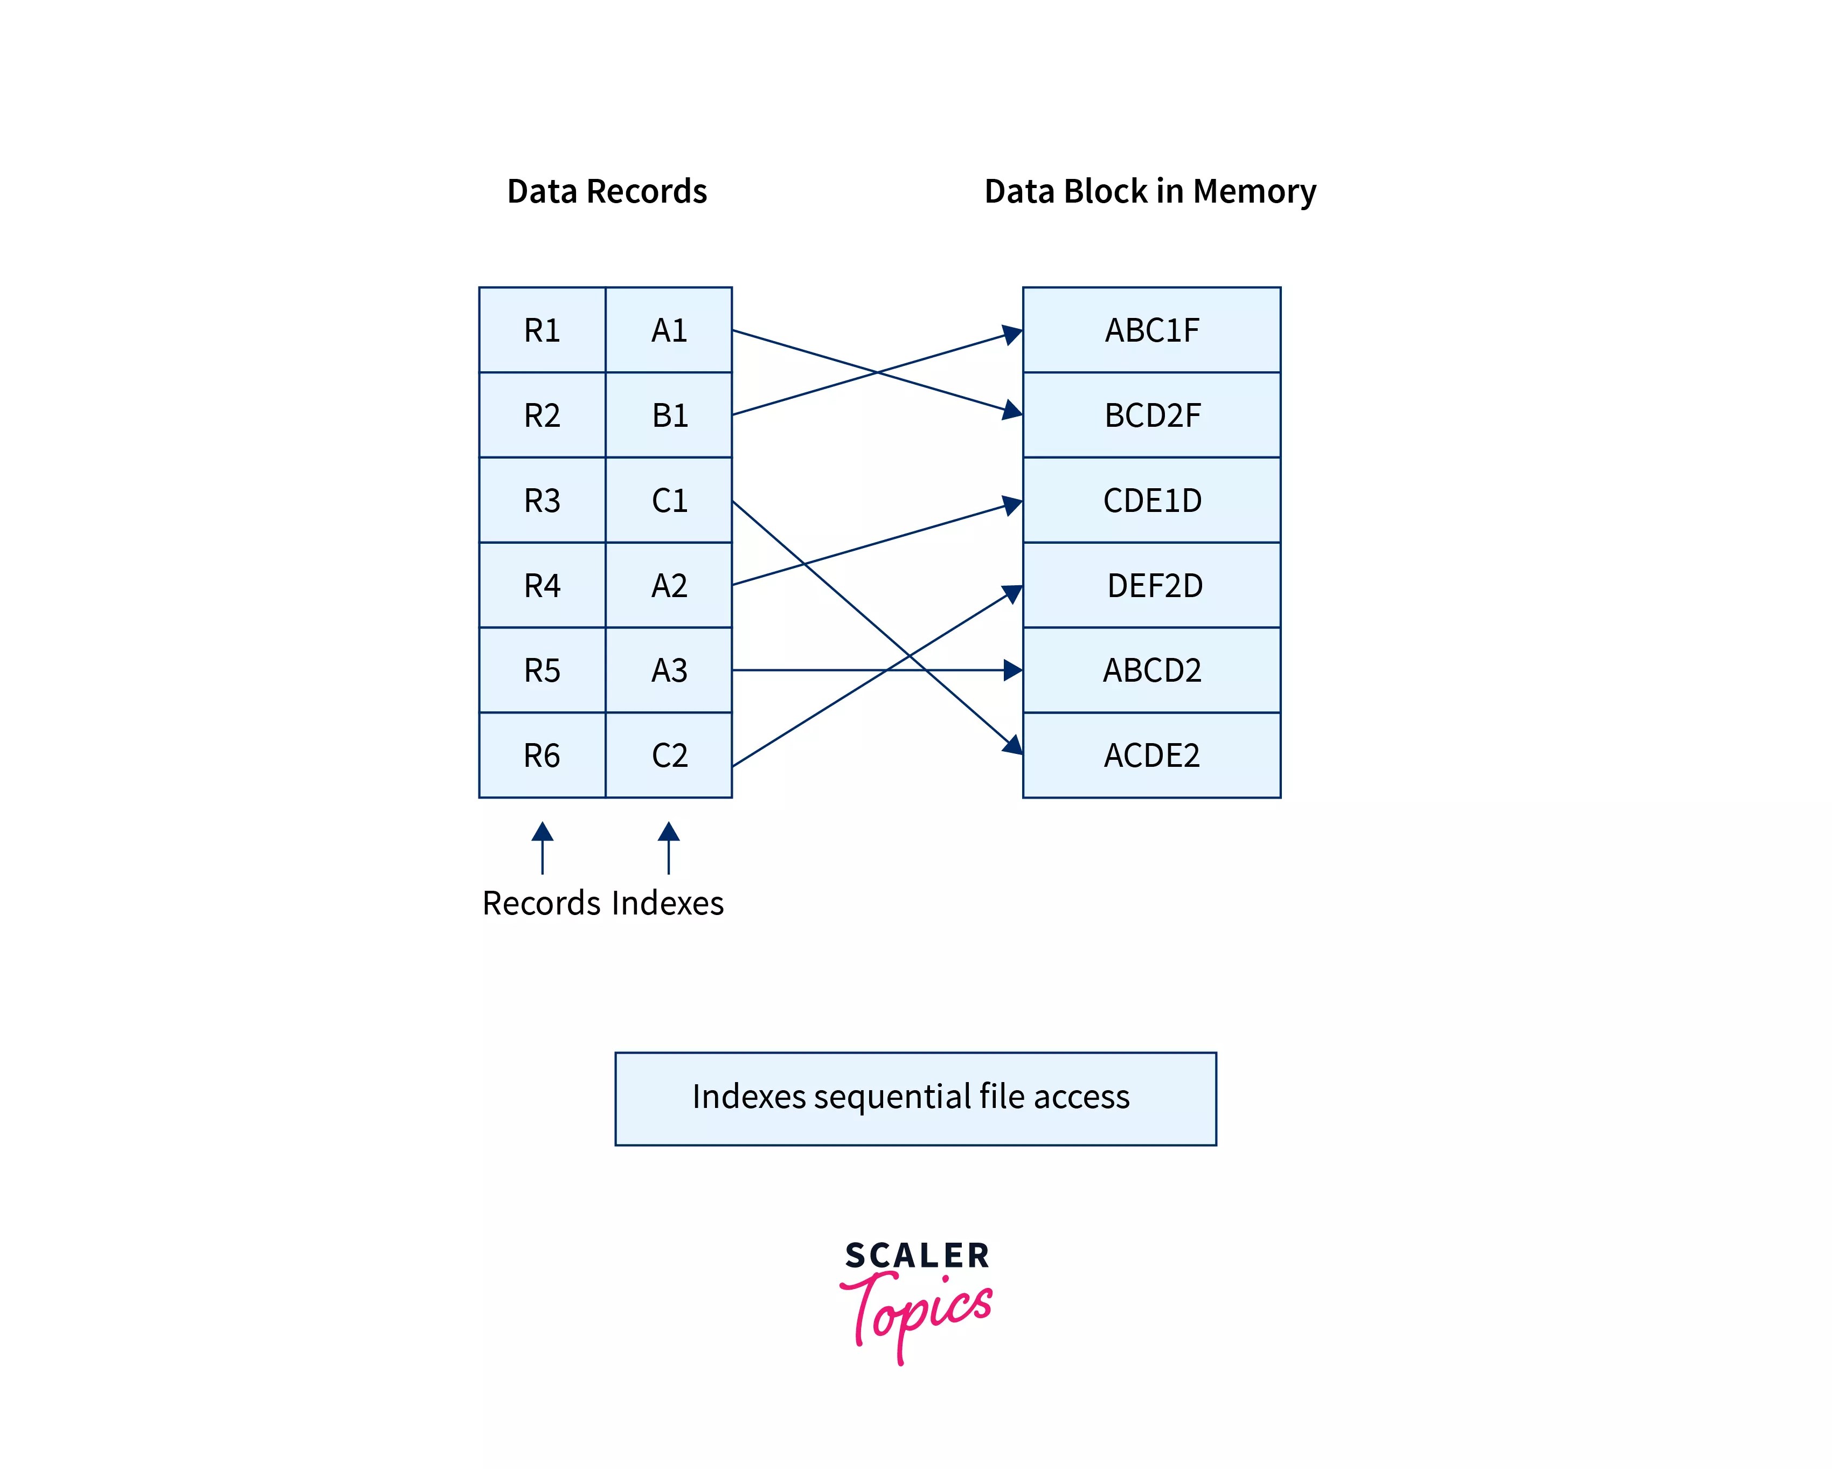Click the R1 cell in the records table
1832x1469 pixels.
pyautogui.click(x=542, y=330)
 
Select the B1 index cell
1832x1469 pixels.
pyautogui.click(x=669, y=414)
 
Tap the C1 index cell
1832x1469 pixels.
pyautogui.click(x=669, y=500)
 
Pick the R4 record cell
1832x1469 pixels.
pyautogui.click(x=542, y=585)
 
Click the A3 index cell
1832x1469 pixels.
pyautogui.click(x=669, y=669)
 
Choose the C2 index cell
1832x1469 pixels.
pyautogui.click(x=669, y=754)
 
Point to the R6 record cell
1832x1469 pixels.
pyautogui.click(x=542, y=754)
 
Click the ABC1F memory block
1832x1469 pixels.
pyautogui.click(x=1151, y=330)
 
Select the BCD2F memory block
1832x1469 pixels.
pyautogui.click(x=1151, y=414)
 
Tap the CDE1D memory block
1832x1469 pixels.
pyautogui.click(x=1151, y=500)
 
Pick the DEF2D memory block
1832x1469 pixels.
pyautogui.click(x=1151, y=585)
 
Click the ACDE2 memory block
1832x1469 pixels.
pyautogui.click(x=1151, y=754)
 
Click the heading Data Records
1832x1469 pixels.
pyautogui.click(x=607, y=191)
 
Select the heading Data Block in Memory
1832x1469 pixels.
pyautogui.click(x=1150, y=191)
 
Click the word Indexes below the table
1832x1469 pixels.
pyautogui.click(x=668, y=902)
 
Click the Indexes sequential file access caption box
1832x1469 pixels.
pyautogui.click(x=915, y=1098)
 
